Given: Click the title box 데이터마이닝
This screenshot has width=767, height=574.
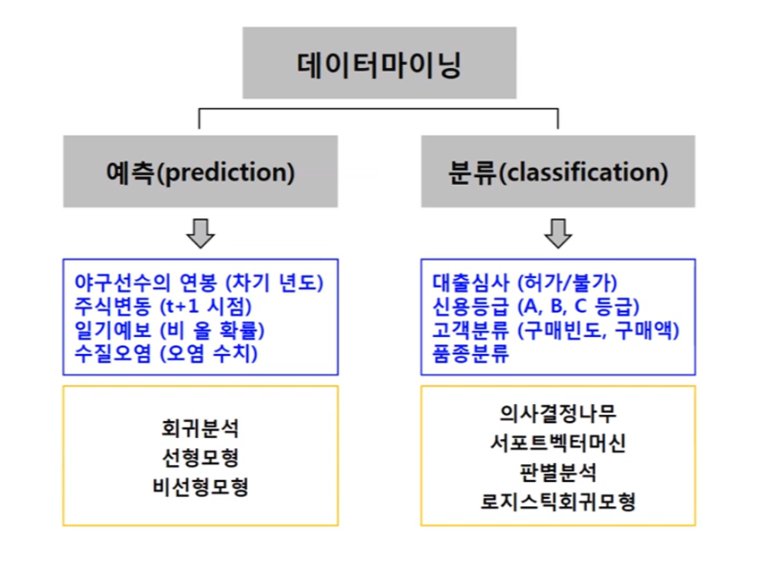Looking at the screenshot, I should tap(379, 63).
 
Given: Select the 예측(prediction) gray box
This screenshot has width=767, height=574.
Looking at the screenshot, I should tap(200, 172).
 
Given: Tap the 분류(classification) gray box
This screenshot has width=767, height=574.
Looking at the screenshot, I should tap(558, 172).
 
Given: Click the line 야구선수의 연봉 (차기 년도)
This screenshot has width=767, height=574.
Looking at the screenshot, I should tap(198, 283).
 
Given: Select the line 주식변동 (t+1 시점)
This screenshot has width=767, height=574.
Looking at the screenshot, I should tap(165, 306).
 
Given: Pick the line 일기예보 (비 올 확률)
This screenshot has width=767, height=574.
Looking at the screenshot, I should tap(169, 329).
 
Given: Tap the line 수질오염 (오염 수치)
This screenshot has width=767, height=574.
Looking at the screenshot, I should tap(166, 352).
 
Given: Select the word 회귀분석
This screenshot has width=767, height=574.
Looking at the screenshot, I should tap(200, 426).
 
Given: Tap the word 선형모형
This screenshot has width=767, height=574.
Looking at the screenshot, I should tap(200, 457).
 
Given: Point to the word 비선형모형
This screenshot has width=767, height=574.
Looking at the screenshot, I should tap(200, 487).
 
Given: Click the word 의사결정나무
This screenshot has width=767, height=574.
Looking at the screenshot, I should tap(558, 413).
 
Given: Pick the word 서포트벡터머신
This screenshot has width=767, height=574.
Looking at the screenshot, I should tap(558, 443).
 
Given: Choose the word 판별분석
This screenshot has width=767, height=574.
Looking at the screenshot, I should tap(558, 472).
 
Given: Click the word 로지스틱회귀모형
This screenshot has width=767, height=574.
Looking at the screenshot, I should tap(558, 502).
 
